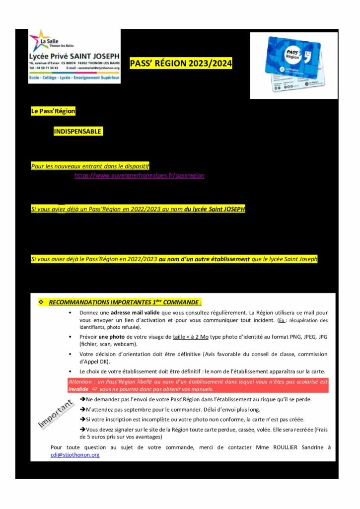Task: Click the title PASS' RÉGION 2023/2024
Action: pos(181,64)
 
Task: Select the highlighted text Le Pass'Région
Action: pos(53,111)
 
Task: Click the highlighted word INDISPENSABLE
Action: pos(78,132)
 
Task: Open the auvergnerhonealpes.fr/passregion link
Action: pos(139,176)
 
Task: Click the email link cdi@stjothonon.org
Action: pos(75,454)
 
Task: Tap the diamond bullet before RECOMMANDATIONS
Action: pos(41,302)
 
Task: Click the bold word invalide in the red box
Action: pos(78,389)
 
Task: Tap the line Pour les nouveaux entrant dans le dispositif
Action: pos(90,166)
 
